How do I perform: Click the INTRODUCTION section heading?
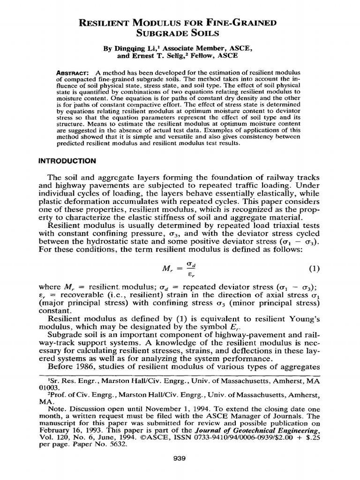click(67, 160)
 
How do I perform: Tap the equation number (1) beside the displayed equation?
click(314, 269)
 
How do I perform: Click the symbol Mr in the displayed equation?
click(167, 270)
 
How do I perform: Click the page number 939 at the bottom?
click(180, 458)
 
